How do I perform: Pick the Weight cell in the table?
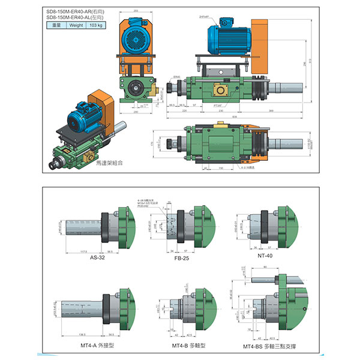[x=76, y=26]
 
